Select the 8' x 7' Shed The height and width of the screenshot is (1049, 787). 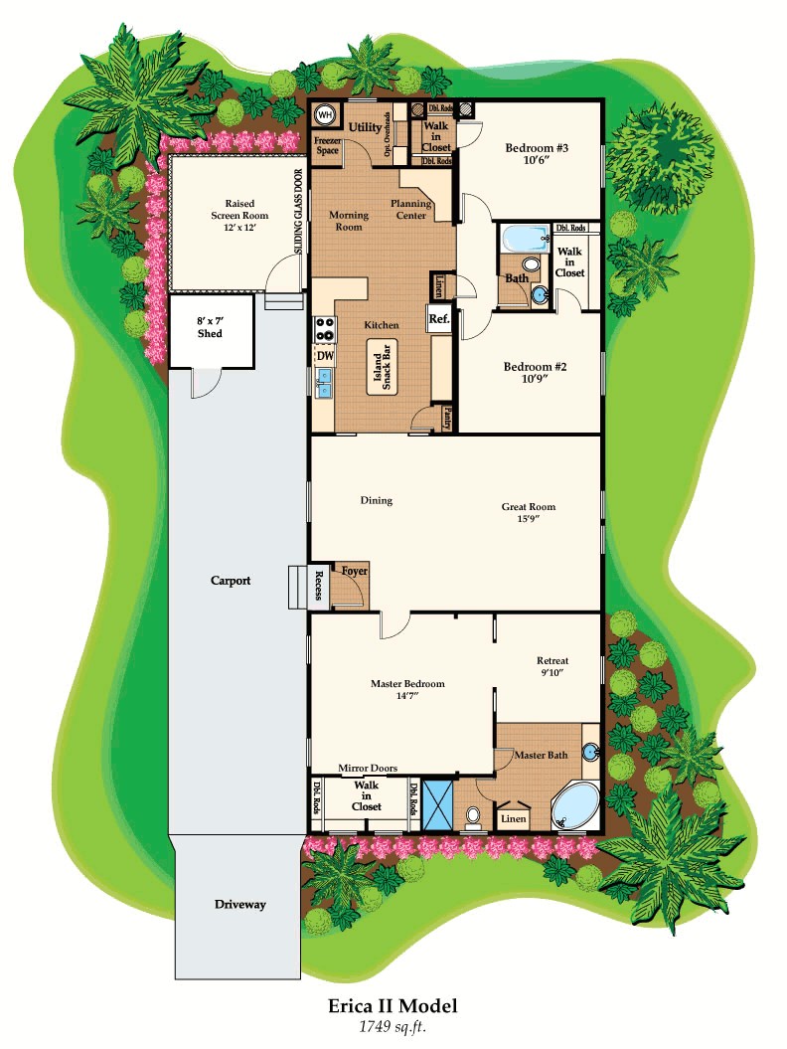point(209,327)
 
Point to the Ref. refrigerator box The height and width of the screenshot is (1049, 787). point(439,320)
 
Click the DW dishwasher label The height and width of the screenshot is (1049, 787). point(325,355)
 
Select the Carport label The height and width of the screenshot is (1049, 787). point(231,580)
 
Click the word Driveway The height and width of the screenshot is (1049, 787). point(240,905)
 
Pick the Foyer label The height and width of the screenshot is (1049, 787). point(355,572)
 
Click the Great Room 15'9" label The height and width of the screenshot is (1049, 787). point(528,513)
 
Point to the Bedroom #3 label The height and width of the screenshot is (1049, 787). point(536,155)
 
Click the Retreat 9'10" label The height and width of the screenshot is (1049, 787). point(552,667)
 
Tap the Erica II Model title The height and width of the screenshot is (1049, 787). point(393,1006)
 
